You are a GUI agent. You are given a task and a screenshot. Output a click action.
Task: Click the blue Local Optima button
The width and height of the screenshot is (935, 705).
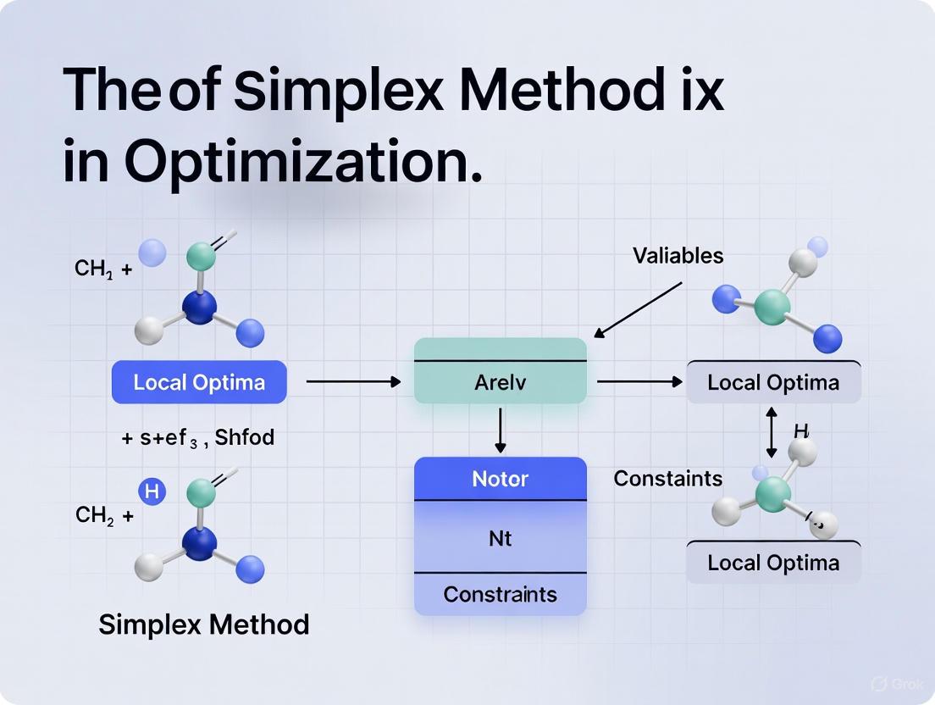point(199,382)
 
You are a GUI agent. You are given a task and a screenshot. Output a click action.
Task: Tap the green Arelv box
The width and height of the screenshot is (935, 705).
point(500,382)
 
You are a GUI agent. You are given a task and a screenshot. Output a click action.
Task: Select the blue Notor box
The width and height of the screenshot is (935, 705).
point(500,479)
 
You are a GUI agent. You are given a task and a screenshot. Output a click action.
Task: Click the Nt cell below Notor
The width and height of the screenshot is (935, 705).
point(500,537)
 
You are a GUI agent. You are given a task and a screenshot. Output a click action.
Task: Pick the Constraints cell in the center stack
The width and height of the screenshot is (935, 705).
point(500,594)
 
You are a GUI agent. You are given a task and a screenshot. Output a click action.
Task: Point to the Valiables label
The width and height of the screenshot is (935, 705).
point(678,255)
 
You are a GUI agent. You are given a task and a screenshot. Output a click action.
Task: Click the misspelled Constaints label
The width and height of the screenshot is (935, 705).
point(667,479)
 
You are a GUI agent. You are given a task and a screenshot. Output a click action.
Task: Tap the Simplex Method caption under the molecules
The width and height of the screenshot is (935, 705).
point(203,625)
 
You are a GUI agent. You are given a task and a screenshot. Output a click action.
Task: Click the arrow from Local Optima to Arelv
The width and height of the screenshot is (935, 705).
point(352,382)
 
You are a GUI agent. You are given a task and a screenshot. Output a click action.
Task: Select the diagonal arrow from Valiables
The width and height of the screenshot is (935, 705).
point(637,308)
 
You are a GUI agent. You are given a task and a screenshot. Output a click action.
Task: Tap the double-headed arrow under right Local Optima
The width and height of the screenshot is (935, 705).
point(772,432)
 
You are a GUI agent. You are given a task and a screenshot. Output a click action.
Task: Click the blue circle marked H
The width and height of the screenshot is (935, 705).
point(152,491)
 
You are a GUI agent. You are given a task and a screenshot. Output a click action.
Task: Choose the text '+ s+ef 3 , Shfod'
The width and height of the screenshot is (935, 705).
point(198,438)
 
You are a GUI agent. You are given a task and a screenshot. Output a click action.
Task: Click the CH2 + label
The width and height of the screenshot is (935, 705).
point(104,514)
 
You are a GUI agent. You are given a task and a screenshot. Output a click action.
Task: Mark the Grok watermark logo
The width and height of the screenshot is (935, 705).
point(880,684)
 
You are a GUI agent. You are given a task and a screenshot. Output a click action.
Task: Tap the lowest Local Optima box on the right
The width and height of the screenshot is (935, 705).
point(773,563)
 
